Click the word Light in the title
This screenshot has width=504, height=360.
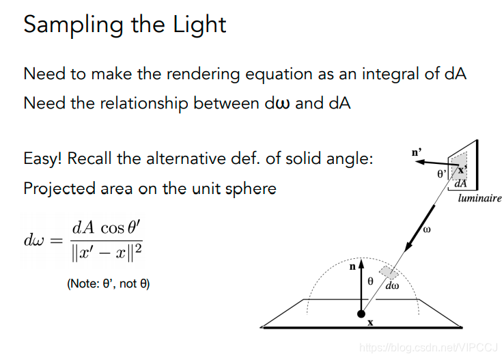coord(199,25)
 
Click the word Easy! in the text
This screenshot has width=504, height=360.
coord(43,159)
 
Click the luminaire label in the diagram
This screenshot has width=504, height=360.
coord(479,198)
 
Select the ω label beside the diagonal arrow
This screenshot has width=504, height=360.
coord(427,230)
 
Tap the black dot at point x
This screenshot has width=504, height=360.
coord(361,314)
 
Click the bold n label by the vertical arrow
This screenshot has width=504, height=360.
coord(352,267)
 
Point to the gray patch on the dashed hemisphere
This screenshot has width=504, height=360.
coord(389,273)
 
